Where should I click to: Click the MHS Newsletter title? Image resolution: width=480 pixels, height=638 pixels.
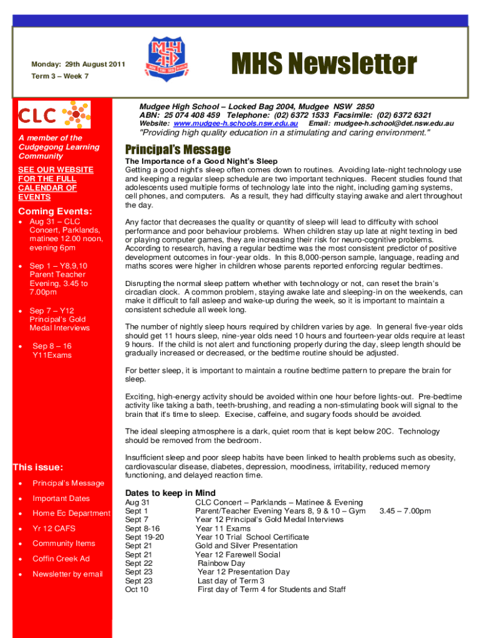[x=324, y=64]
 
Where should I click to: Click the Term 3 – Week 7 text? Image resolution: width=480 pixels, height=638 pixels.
[x=60, y=76]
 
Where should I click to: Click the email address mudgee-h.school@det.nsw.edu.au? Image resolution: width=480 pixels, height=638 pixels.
[x=394, y=124]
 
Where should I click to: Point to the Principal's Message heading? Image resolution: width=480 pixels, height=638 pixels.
[x=178, y=150]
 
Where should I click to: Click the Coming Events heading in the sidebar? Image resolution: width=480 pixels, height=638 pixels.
[x=55, y=211]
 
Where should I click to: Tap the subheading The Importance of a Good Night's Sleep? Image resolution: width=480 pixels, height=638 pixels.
[x=201, y=161]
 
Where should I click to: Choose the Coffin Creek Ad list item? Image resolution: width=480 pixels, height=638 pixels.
[x=61, y=559]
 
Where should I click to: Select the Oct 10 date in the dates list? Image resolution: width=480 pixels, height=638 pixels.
[x=137, y=589]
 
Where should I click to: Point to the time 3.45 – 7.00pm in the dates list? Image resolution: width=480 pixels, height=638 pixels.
[x=405, y=511]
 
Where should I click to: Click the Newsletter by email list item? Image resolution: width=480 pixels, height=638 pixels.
[x=67, y=574]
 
